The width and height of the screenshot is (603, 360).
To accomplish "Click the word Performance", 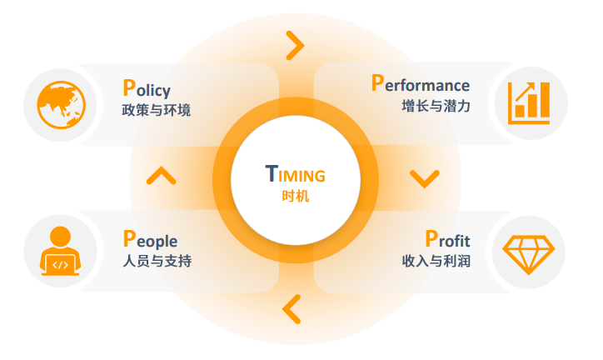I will pos(420,84).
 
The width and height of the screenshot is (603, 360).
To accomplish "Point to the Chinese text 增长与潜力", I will pos(436,107).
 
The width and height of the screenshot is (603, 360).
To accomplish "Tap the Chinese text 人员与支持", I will pos(157,261).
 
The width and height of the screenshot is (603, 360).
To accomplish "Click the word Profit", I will pos(447,240).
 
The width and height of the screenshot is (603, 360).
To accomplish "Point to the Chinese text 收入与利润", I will pos(436,261).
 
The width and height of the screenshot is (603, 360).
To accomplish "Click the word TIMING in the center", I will pos(295,175).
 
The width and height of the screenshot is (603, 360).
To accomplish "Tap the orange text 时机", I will pos(295,197).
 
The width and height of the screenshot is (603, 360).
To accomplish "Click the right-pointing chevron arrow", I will pos(295,46).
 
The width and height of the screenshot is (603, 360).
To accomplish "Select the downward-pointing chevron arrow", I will pos(424,178).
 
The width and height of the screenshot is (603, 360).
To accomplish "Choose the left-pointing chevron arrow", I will pos(292,308).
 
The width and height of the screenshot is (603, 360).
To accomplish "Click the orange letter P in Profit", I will pos(431,239).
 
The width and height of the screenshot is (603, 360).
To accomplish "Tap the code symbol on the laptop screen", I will pos(61,265).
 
